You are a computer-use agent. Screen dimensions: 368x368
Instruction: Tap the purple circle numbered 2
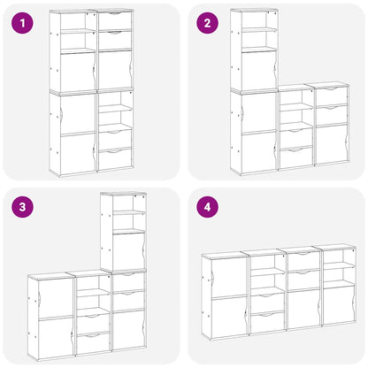(x=208, y=24)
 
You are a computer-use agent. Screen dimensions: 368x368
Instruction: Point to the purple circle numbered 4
(x=208, y=208)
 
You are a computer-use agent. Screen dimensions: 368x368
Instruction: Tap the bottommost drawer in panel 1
(x=115, y=158)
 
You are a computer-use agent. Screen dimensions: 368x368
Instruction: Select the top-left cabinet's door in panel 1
(x=78, y=71)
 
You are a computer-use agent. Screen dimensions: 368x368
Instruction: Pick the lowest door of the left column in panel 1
(x=78, y=154)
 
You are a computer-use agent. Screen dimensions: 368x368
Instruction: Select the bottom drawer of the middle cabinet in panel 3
(x=93, y=343)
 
